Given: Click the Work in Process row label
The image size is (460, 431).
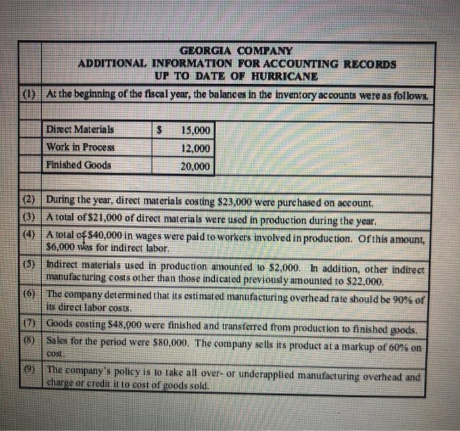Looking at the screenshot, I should [x=80, y=147].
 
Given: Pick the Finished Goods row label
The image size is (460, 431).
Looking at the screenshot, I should [x=78, y=165].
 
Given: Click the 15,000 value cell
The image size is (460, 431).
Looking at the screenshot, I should [x=195, y=129].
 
